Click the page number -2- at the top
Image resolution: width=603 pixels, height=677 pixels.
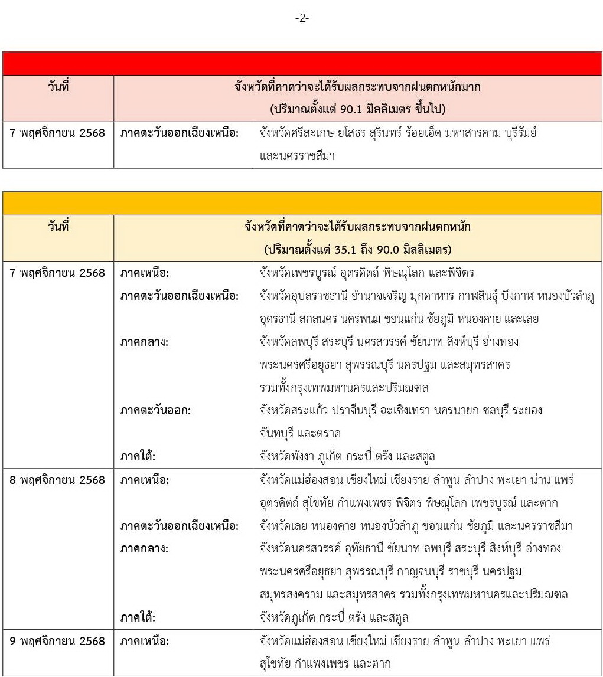(x=302, y=18)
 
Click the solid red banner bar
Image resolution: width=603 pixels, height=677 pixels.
(x=302, y=63)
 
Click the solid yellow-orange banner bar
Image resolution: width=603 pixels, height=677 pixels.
(x=302, y=203)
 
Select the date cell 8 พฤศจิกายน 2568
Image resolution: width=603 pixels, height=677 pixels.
(x=58, y=480)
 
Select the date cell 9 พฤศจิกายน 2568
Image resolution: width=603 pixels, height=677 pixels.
(x=58, y=641)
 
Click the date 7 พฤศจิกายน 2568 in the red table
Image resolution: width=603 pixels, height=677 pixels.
(x=58, y=133)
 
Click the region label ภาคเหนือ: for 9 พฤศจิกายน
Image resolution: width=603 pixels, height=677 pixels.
(x=144, y=641)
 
